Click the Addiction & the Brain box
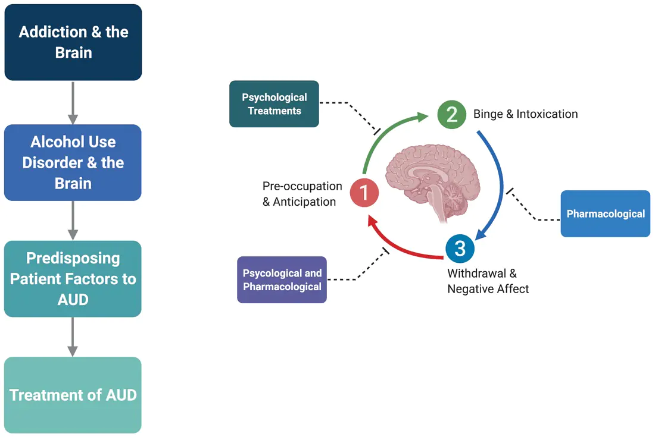point(73,42)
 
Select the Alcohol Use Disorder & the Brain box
point(73,162)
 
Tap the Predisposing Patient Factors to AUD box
point(73,278)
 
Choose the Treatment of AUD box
point(73,395)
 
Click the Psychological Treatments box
point(274,104)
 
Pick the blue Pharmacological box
point(605,213)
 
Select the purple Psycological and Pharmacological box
point(282,279)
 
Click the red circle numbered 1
point(364,193)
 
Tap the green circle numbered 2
point(452,115)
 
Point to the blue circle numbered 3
point(460,248)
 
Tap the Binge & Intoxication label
point(525,114)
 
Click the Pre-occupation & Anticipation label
point(302,194)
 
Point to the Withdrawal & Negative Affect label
point(488,281)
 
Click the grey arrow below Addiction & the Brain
point(73,102)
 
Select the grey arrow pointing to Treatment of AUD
point(73,337)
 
